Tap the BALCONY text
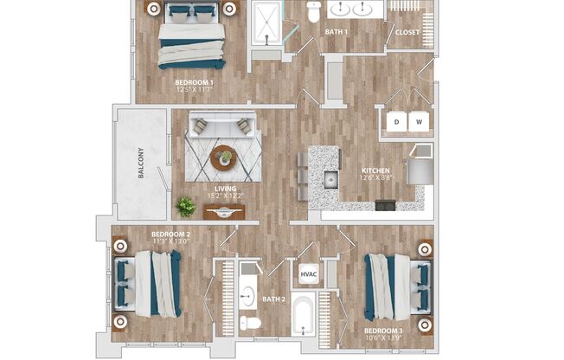[140, 164]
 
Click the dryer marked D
[397, 122]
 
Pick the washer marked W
[420, 122]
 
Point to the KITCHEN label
[375, 171]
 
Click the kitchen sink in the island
[330, 180]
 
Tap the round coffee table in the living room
[223, 157]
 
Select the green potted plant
[186, 205]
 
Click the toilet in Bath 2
[250, 323]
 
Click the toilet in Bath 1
[313, 10]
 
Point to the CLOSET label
[407, 33]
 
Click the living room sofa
[223, 125]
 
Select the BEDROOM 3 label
[382, 331]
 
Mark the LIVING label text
[225, 189]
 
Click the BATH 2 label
[275, 300]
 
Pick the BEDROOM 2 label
[170, 235]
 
